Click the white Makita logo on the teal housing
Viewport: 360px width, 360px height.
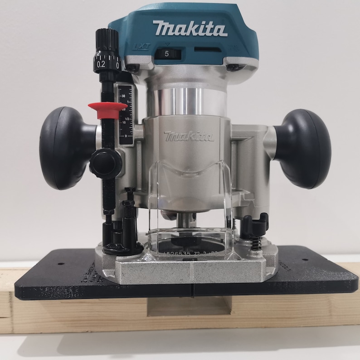[190, 28]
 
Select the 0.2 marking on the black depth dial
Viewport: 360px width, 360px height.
[101, 64]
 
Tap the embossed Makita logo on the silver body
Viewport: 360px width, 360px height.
[189, 136]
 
